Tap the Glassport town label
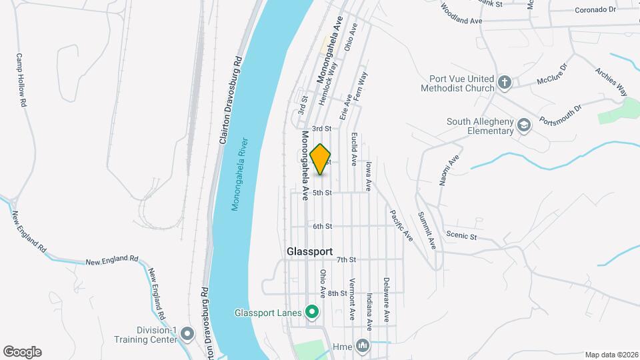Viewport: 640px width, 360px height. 309,252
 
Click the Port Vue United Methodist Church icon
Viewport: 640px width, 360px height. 505,83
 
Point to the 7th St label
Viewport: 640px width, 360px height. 347,260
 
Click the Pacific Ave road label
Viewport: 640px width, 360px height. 401,225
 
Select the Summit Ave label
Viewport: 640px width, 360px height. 426,230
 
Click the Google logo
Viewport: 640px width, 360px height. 22,352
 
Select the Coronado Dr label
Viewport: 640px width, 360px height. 595,10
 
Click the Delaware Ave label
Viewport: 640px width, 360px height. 385,300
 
